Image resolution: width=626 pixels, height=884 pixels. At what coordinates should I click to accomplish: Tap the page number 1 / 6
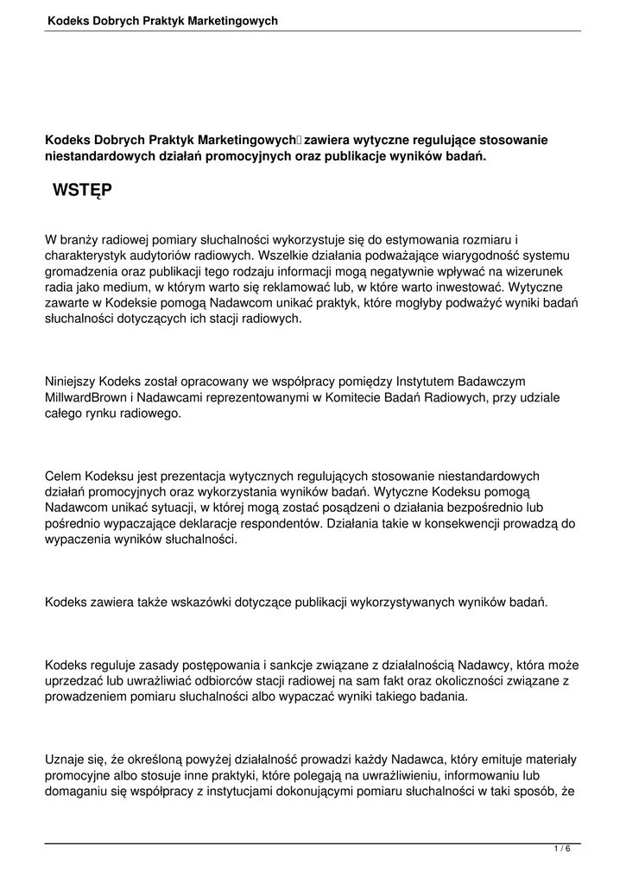coord(562,849)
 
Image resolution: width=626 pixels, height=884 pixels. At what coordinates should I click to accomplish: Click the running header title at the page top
coord(162,19)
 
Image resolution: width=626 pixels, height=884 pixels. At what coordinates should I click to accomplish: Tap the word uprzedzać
coord(74,681)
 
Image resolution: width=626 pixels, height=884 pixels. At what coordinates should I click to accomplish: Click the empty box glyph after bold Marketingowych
coord(300,140)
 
